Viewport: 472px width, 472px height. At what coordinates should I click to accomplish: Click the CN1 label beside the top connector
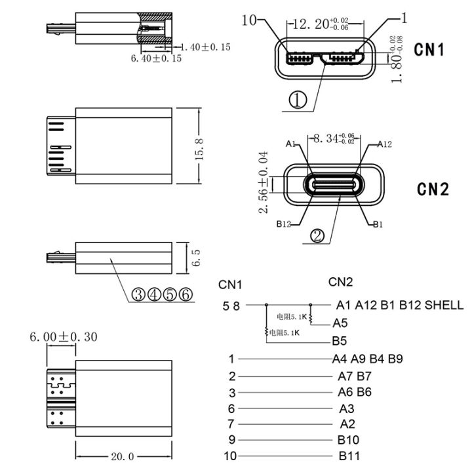431,50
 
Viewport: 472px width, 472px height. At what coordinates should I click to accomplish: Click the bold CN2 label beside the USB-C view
433,189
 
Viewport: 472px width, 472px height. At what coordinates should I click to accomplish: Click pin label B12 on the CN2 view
283,225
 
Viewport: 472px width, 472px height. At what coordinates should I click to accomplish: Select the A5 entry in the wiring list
340,322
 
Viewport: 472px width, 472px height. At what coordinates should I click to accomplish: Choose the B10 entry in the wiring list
347,440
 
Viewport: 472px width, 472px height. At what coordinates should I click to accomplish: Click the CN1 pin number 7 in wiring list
231,423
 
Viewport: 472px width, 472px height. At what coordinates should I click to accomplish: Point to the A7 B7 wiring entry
354,376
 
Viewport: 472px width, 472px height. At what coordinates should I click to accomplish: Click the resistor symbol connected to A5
311,317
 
